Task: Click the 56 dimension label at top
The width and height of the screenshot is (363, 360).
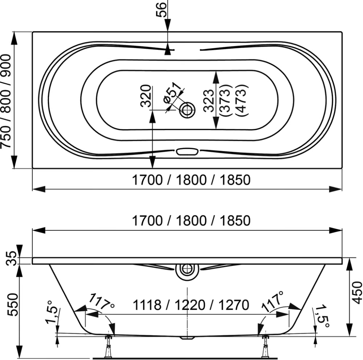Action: pos(161,9)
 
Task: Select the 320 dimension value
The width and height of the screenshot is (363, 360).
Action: pos(146,96)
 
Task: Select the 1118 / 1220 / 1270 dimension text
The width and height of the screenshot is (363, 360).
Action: pos(191,305)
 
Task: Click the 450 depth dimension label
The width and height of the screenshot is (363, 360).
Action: pos(357,292)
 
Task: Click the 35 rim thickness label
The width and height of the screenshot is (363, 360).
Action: pos(12,258)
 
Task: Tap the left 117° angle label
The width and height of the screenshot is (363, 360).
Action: pos(101,301)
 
